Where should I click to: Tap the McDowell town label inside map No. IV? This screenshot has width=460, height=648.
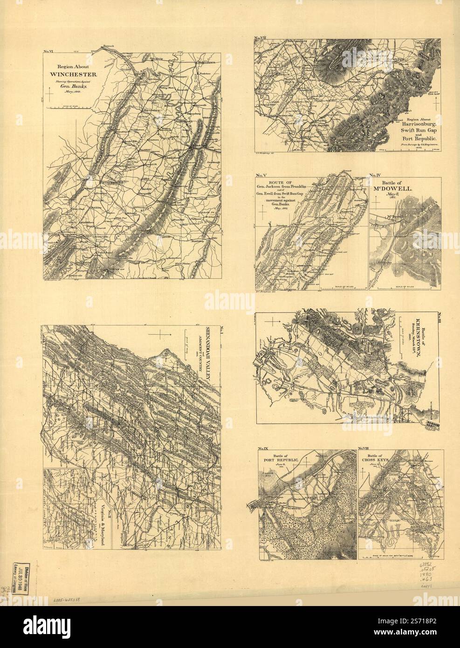point(394,217)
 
